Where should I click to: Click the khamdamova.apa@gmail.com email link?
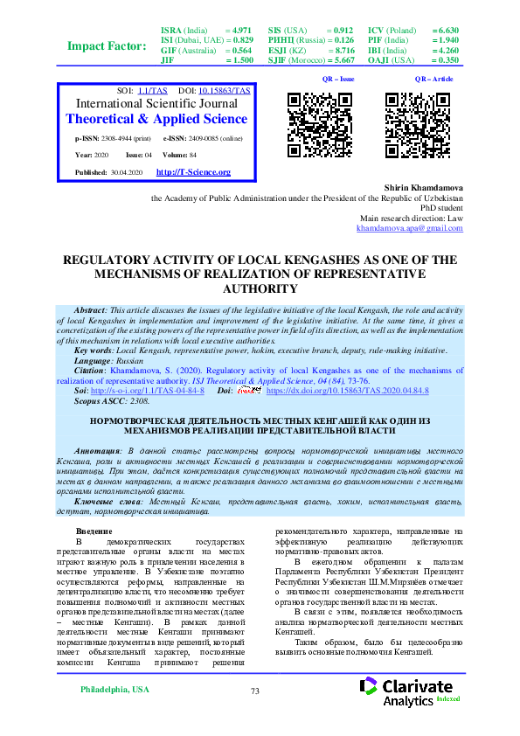point(410,228)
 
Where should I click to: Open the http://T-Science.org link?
point(193,172)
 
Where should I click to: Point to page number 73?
point(255,691)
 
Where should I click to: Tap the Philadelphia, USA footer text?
point(114,691)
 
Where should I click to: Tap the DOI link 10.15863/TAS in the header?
point(225,90)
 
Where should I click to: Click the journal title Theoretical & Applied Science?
point(156,119)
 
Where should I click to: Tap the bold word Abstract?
point(90,311)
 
